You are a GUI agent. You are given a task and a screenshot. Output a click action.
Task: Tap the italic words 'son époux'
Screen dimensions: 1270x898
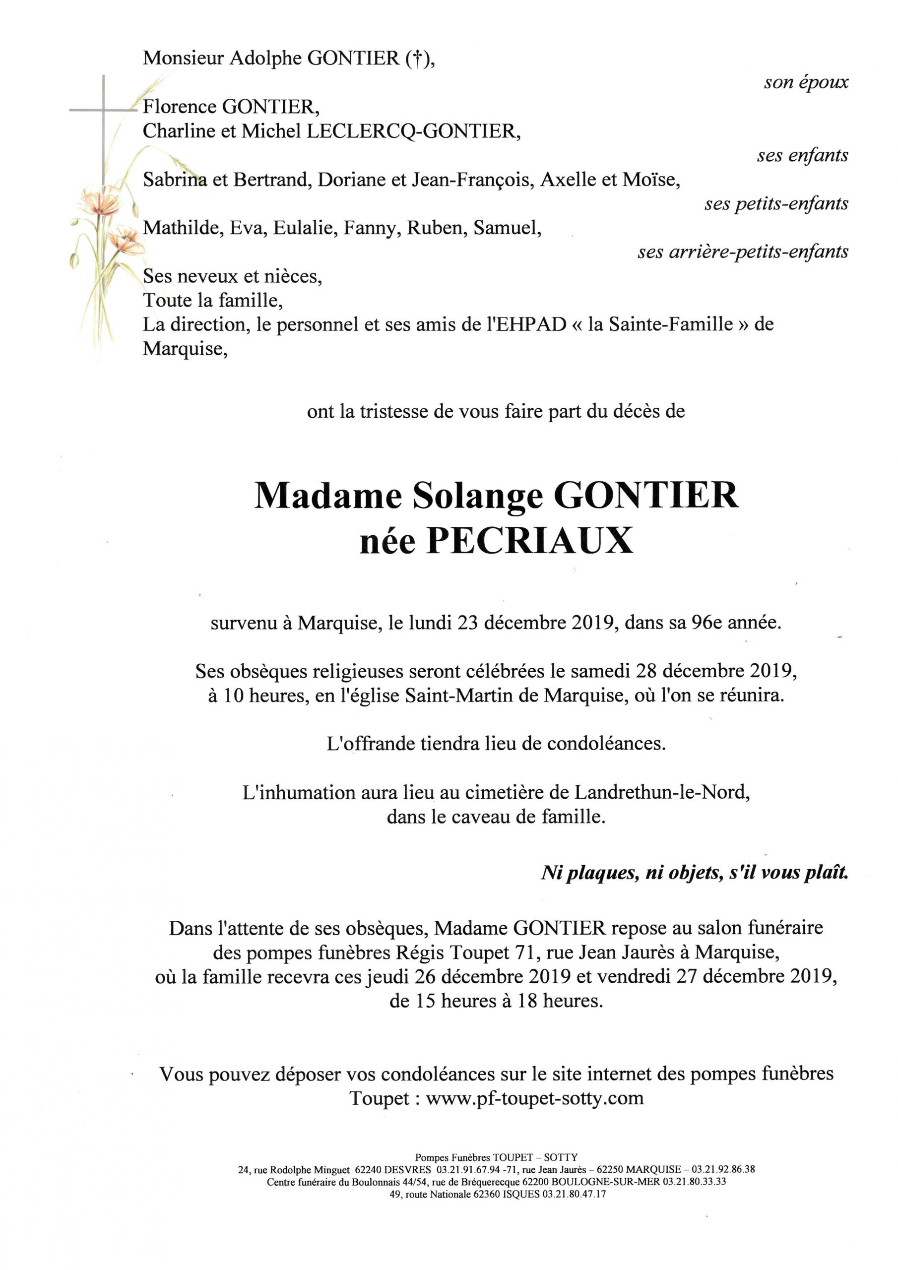tap(806, 83)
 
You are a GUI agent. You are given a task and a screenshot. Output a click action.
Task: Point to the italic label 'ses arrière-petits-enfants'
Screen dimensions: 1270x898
tap(743, 252)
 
